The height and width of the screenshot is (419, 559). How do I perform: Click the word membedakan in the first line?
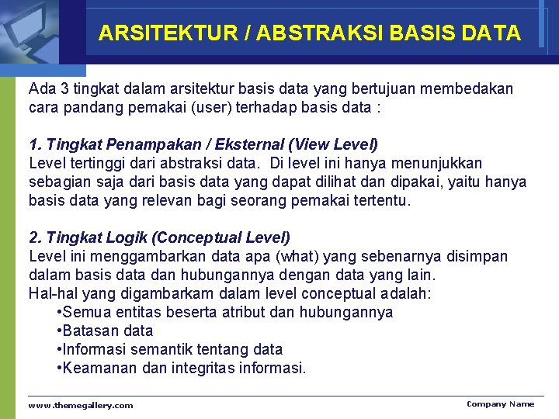pos(469,89)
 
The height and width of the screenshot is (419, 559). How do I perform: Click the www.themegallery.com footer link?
pos(81,405)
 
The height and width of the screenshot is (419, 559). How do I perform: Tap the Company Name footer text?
pos(500,403)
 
